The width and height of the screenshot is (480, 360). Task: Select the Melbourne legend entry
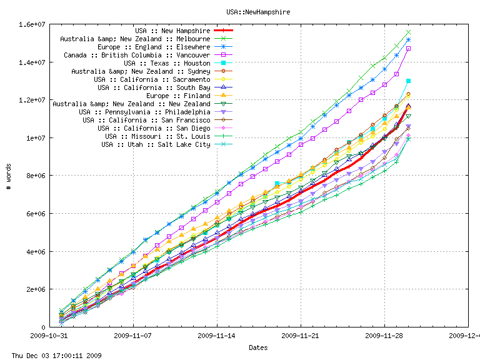tap(135, 39)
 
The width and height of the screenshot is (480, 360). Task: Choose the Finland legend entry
tap(178, 96)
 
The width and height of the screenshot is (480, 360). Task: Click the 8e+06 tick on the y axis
tap(34, 176)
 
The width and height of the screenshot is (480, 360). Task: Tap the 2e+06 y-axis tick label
tap(34, 289)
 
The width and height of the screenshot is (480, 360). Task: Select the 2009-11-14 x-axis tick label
tap(217, 335)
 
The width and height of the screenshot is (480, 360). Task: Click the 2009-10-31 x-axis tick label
tap(49, 335)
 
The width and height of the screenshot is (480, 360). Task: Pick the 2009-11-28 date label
tap(384, 335)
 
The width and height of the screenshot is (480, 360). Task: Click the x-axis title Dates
tap(258, 347)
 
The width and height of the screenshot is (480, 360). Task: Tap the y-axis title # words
tap(9, 176)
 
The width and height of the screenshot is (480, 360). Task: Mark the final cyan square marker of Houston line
tap(408, 81)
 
